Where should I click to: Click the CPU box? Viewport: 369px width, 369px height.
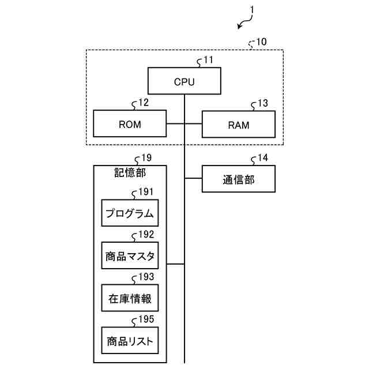(x=184, y=81)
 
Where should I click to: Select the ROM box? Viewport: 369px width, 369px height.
(x=130, y=123)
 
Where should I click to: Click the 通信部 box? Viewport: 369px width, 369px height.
(x=238, y=179)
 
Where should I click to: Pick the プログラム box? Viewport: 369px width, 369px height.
(x=130, y=213)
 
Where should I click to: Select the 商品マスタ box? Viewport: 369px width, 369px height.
(x=130, y=256)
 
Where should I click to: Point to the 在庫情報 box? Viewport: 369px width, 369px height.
(x=130, y=299)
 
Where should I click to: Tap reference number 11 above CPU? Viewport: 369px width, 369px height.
(x=208, y=60)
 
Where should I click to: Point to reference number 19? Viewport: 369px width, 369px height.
(x=146, y=157)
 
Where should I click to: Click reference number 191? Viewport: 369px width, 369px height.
(x=146, y=192)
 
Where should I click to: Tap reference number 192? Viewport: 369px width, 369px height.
(x=146, y=235)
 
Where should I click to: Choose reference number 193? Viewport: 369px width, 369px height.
(x=146, y=277)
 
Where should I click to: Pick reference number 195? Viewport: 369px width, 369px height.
(x=146, y=320)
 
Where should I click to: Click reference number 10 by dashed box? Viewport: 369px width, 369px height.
(x=261, y=42)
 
